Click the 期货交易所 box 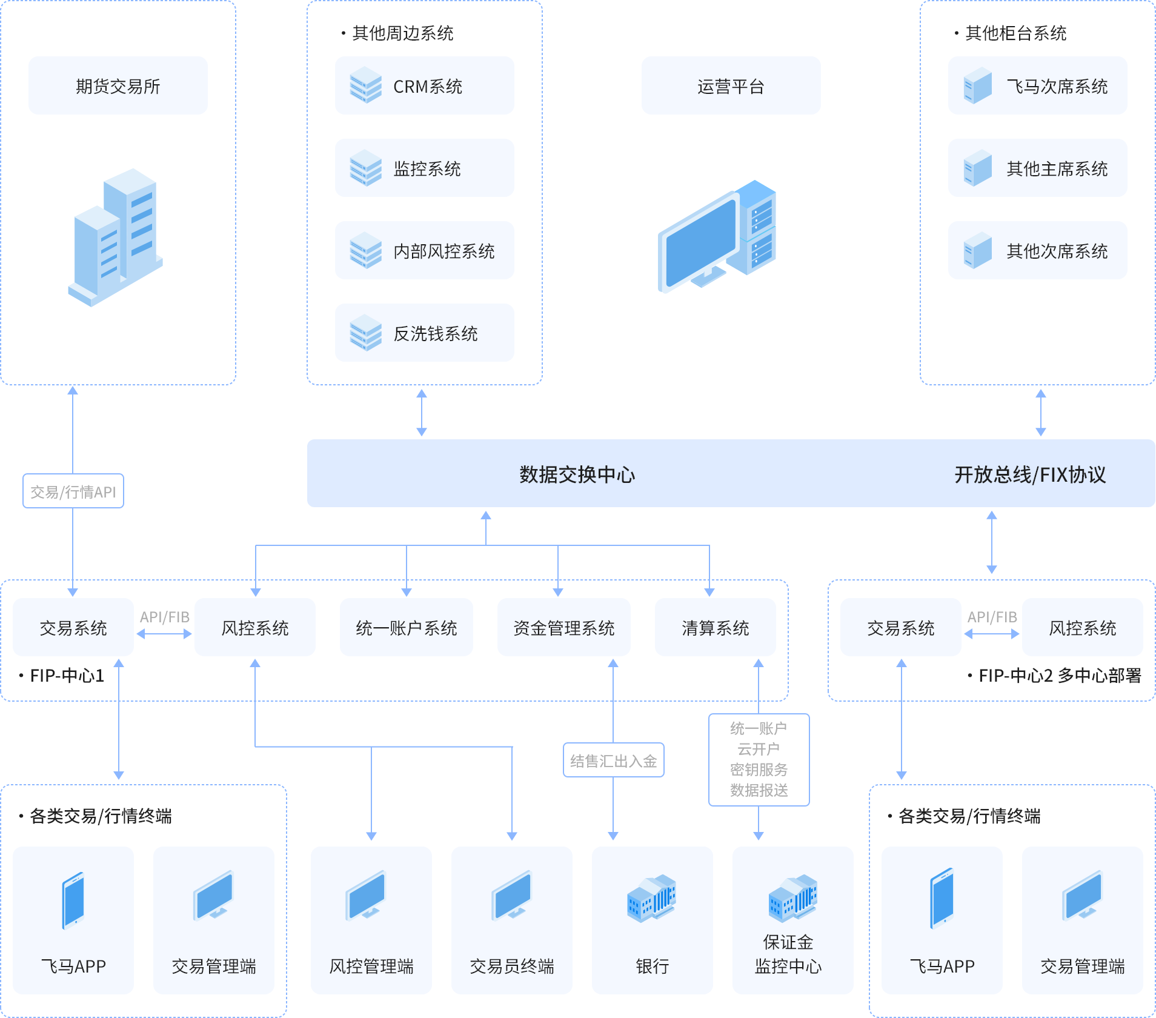[x=118, y=86]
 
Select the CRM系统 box [x=424, y=86]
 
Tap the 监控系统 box [x=424, y=168]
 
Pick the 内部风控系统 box [x=424, y=251]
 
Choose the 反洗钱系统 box [x=424, y=333]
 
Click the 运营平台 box [x=731, y=86]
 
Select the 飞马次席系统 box [x=1037, y=86]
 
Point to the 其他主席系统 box [x=1037, y=168]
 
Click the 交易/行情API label [x=73, y=491]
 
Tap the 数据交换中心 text [x=577, y=474]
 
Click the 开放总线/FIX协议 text [x=1030, y=474]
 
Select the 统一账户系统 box [x=406, y=628]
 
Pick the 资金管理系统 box [x=563, y=628]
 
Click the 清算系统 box [x=715, y=628]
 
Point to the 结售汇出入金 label [x=613, y=760]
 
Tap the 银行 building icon [x=652, y=898]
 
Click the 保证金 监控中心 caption [x=788, y=954]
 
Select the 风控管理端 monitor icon [x=365, y=896]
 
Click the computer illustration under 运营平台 [x=718, y=236]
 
